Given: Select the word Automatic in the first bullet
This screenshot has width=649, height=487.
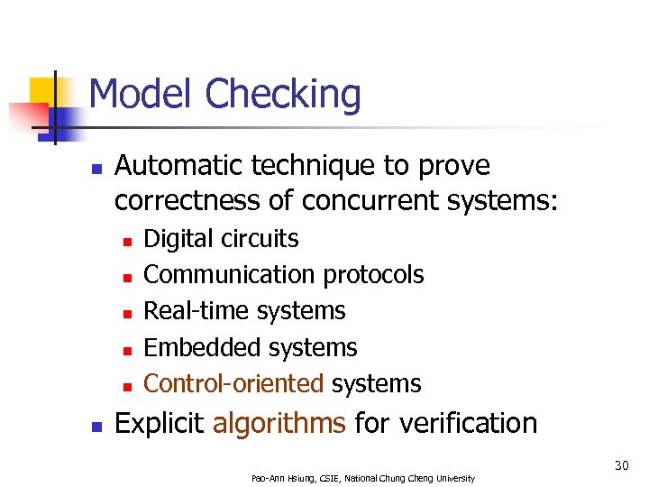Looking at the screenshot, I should point(179,166).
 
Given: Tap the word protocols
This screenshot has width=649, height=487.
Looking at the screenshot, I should point(373,275).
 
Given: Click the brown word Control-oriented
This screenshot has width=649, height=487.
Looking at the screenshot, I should point(233,383).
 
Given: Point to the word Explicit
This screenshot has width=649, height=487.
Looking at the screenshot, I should point(160,423).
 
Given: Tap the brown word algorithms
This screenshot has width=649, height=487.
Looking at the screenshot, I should point(279,424).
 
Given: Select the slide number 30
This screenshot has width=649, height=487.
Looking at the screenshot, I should point(621,465).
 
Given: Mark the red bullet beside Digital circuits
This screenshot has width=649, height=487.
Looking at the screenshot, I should point(128,241).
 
